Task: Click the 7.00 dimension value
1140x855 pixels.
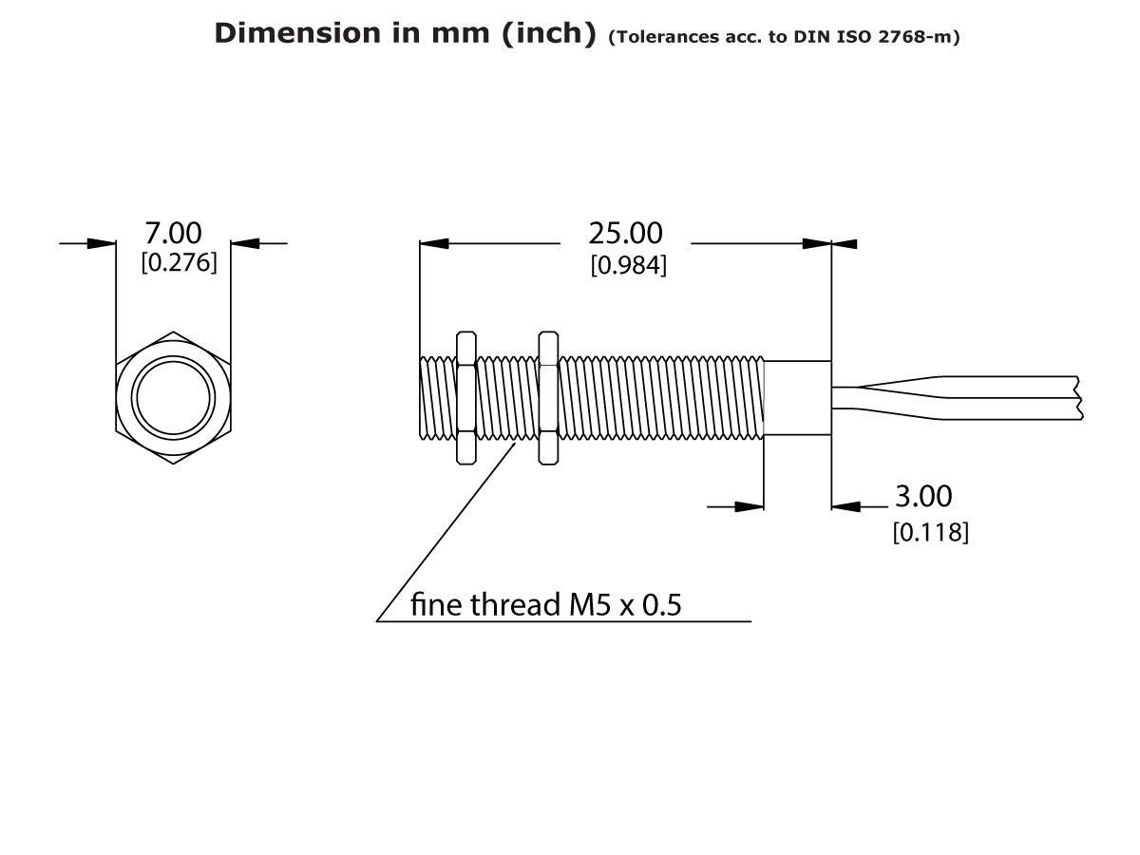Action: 172,233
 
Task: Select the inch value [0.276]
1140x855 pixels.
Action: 179,263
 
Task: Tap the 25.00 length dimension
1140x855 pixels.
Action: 625,233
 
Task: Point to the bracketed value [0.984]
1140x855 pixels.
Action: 628,266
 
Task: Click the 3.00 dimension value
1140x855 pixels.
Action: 923,496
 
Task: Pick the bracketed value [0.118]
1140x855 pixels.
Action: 930,533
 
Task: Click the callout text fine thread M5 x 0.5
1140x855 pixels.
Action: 545,605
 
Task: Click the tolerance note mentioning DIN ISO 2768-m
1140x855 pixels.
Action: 784,37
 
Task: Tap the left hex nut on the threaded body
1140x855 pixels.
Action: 465,398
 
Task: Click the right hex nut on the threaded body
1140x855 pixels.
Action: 548,398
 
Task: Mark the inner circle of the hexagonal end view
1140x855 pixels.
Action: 172,397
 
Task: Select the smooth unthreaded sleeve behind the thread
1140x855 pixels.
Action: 797,398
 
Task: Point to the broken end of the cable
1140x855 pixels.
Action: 1079,398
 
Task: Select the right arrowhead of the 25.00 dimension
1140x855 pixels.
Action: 817,243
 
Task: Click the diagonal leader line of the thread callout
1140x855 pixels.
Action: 446,532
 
